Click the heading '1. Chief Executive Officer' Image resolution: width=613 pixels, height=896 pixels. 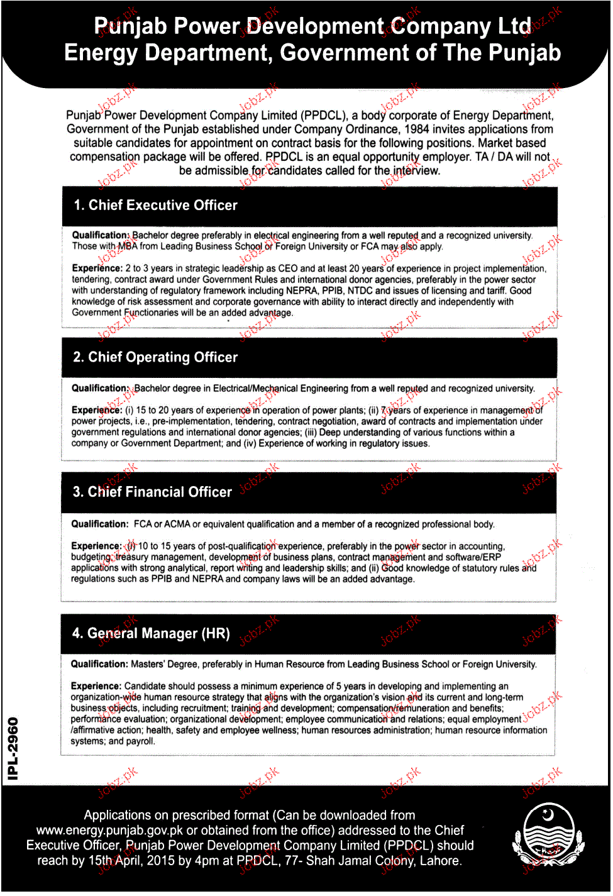click(x=155, y=206)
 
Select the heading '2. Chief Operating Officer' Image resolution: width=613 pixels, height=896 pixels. click(x=155, y=358)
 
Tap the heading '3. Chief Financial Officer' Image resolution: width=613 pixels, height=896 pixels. click(x=152, y=492)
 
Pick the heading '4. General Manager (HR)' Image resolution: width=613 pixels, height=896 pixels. click(x=151, y=634)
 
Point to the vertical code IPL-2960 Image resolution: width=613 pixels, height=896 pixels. click(x=13, y=749)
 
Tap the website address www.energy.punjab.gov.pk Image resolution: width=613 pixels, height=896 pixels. click(x=109, y=831)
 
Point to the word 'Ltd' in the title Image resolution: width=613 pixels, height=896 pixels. click(x=514, y=26)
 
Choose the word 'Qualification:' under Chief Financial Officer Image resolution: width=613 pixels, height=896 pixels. click(x=99, y=524)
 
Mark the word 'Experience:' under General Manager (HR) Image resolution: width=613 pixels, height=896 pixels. click(x=96, y=687)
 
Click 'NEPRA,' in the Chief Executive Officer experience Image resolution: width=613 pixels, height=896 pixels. click(x=302, y=291)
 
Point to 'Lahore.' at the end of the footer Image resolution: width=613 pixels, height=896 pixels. click(x=441, y=861)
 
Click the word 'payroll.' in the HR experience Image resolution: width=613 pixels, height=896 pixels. click(x=140, y=742)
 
